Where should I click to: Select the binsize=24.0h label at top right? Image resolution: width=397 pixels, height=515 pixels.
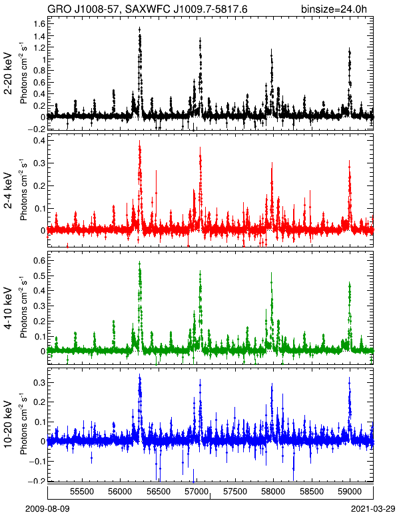pos(334,9)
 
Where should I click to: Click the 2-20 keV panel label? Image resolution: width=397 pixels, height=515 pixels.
pos(8,73)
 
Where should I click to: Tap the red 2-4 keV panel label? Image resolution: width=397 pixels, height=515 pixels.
pos(8,191)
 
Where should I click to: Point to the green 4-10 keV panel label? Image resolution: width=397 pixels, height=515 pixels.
pos(8,308)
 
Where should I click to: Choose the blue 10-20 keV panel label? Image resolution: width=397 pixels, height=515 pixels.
pos(8,424)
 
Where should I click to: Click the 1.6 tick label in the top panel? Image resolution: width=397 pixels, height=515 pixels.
pos(39,24)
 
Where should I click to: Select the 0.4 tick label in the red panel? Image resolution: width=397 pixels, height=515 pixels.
pos(39,141)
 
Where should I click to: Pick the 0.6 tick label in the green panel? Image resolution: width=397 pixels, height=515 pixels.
pos(39,260)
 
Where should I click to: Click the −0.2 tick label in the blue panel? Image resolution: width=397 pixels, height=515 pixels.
pos(37,481)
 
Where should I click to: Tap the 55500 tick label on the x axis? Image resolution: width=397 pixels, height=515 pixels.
pos(82,492)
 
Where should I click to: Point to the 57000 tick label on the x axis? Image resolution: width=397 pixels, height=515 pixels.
pos(197,492)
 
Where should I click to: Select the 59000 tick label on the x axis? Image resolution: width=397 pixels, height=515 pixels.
pos(350,492)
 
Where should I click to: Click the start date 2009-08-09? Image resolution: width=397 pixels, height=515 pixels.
pos(47,508)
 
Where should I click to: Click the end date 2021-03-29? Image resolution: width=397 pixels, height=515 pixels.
pos(373,508)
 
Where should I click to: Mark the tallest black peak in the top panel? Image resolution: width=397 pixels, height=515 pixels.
pos(139,29)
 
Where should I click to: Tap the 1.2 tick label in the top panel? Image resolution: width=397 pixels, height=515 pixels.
pos(39,47)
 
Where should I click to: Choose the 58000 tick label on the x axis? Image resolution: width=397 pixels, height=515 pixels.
pos(273,492)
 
